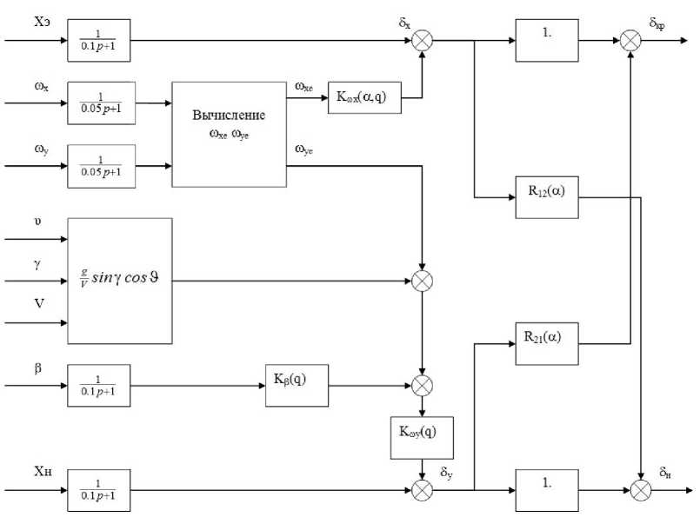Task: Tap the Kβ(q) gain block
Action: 297,385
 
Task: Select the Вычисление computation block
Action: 229,134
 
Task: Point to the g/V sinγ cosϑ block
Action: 120,281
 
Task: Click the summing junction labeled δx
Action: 423,40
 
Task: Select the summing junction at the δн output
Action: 641,491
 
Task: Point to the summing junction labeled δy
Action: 422,491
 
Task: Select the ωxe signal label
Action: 304,86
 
